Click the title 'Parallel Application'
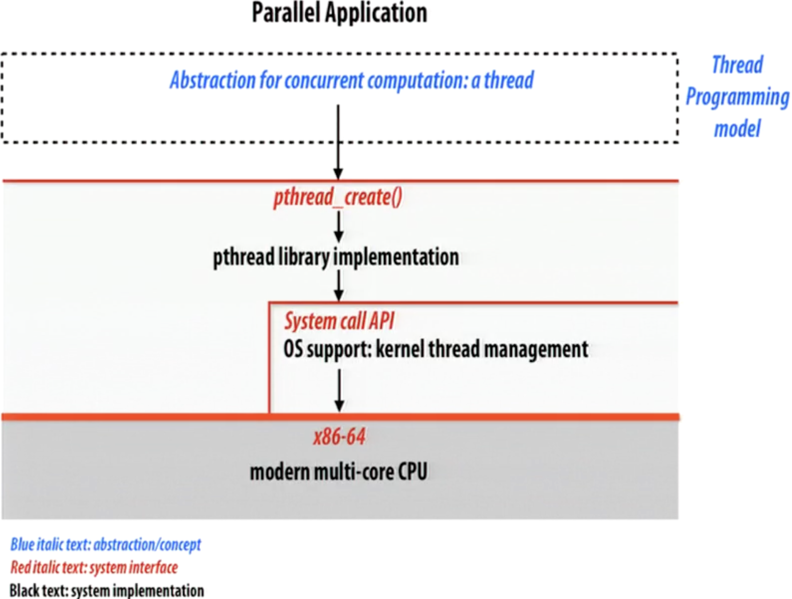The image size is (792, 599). [x=339, y=13]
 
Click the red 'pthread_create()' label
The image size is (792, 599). [x=338, y=197]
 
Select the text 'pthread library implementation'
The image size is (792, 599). [x=336, y=258]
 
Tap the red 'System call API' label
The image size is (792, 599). [x=339, y=322]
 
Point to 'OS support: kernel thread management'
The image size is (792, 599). [x=435, y=349]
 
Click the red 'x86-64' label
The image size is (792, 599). [x=339, y=437]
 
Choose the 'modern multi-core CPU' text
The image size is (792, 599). [x=338, y=472]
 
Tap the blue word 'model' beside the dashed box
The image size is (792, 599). [x=738, y=129]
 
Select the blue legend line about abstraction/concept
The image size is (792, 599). [x=106, y=545]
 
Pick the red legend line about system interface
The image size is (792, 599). [x=94, y=567]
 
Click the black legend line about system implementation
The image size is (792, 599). [x=107, y=590]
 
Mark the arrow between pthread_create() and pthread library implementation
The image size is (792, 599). [x=339, y=227]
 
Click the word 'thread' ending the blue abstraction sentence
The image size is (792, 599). [x=509, y=80]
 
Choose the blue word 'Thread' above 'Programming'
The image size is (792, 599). [x=738, y=65]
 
